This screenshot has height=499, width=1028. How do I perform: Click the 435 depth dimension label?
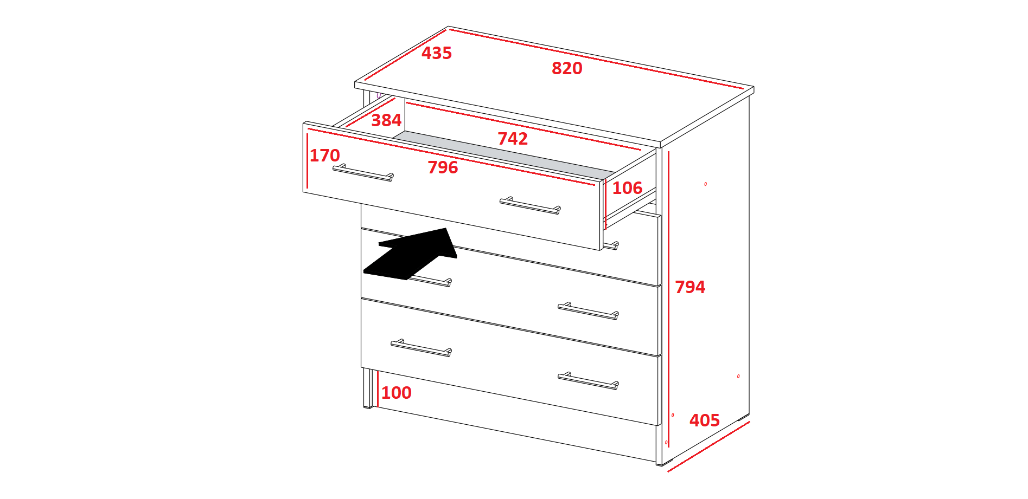coord(437,53)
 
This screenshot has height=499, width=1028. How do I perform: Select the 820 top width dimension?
coord(567,68)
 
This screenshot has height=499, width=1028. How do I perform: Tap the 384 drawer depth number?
coord(386,120)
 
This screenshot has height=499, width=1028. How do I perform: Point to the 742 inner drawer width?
coord(513,139)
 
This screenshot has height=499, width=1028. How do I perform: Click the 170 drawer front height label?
coord(324,155)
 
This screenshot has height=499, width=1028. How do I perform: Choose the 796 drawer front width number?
coord(443,167)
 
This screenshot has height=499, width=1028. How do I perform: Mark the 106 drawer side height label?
coord(627,188)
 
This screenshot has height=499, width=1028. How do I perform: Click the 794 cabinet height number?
coord(690,287)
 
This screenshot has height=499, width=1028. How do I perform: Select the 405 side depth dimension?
coord(705,420)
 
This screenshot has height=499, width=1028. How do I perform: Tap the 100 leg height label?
coord(396,393)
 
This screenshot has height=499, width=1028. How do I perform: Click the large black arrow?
coord(411,254)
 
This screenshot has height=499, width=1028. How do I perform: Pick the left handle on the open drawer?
coord(363,173)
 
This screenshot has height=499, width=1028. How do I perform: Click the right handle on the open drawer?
coord(530,206)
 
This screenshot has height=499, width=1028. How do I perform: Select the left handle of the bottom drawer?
coord(421,348)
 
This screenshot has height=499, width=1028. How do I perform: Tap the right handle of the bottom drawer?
coord(588,381)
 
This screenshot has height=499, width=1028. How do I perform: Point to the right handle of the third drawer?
coord(588,311)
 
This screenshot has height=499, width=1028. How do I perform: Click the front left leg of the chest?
coord(368,388)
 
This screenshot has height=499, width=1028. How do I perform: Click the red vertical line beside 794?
coord(669,299)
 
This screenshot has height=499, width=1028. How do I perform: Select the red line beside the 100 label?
coord(378,389)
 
